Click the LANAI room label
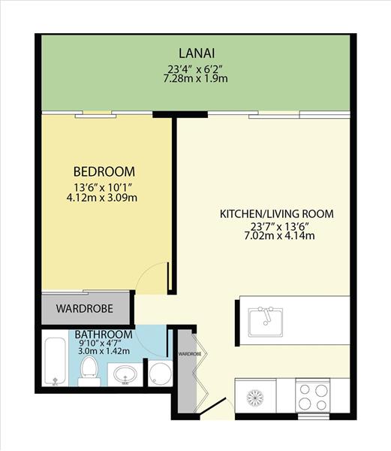pos(197,53)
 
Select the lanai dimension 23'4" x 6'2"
pos(195,69)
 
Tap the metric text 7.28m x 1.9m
pos(195,78)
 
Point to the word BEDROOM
pos(104,171)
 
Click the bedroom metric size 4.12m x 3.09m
pos(101,198)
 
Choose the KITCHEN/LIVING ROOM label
pos(277,214)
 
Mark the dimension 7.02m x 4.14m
pos(279,236)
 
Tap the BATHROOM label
pos(104,334)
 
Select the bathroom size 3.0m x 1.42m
pos(104,351)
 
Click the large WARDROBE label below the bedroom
pos(84,309)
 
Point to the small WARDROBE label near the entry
pos(190,354)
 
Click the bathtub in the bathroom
pos(56,362)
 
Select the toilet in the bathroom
pos(89,371)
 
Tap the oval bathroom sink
pos(125,375)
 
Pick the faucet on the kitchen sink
pos(266,315)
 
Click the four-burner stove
pos(313,397)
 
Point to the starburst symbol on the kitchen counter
pos(255,398)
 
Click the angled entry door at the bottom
pos(213,407)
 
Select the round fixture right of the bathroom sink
pos(160,374)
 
